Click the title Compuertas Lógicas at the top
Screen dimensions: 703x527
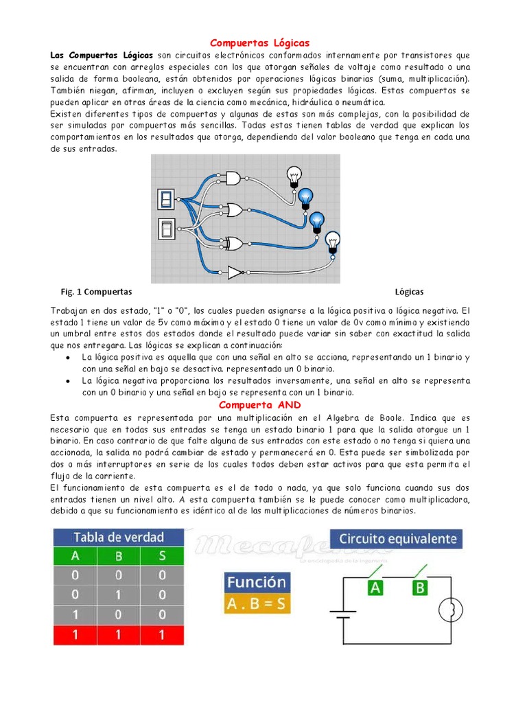tap(259, 43)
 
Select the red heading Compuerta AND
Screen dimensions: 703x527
tap(259, 405)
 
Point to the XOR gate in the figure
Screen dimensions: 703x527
tap(234, 242)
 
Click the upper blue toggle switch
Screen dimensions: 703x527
tap(167, 199)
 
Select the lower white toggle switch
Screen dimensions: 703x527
tap(167, 229)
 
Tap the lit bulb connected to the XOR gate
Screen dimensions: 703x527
tap(316, 221)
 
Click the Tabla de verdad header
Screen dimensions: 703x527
tap(118, 537)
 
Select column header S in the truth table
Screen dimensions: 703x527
tap(162, 556)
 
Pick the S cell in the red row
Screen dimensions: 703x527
tap(162, 635)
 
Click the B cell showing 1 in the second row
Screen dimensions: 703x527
tap(118, 595)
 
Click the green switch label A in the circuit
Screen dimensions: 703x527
tap(375, 587)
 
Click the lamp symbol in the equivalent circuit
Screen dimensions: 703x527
tap(450, 608)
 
